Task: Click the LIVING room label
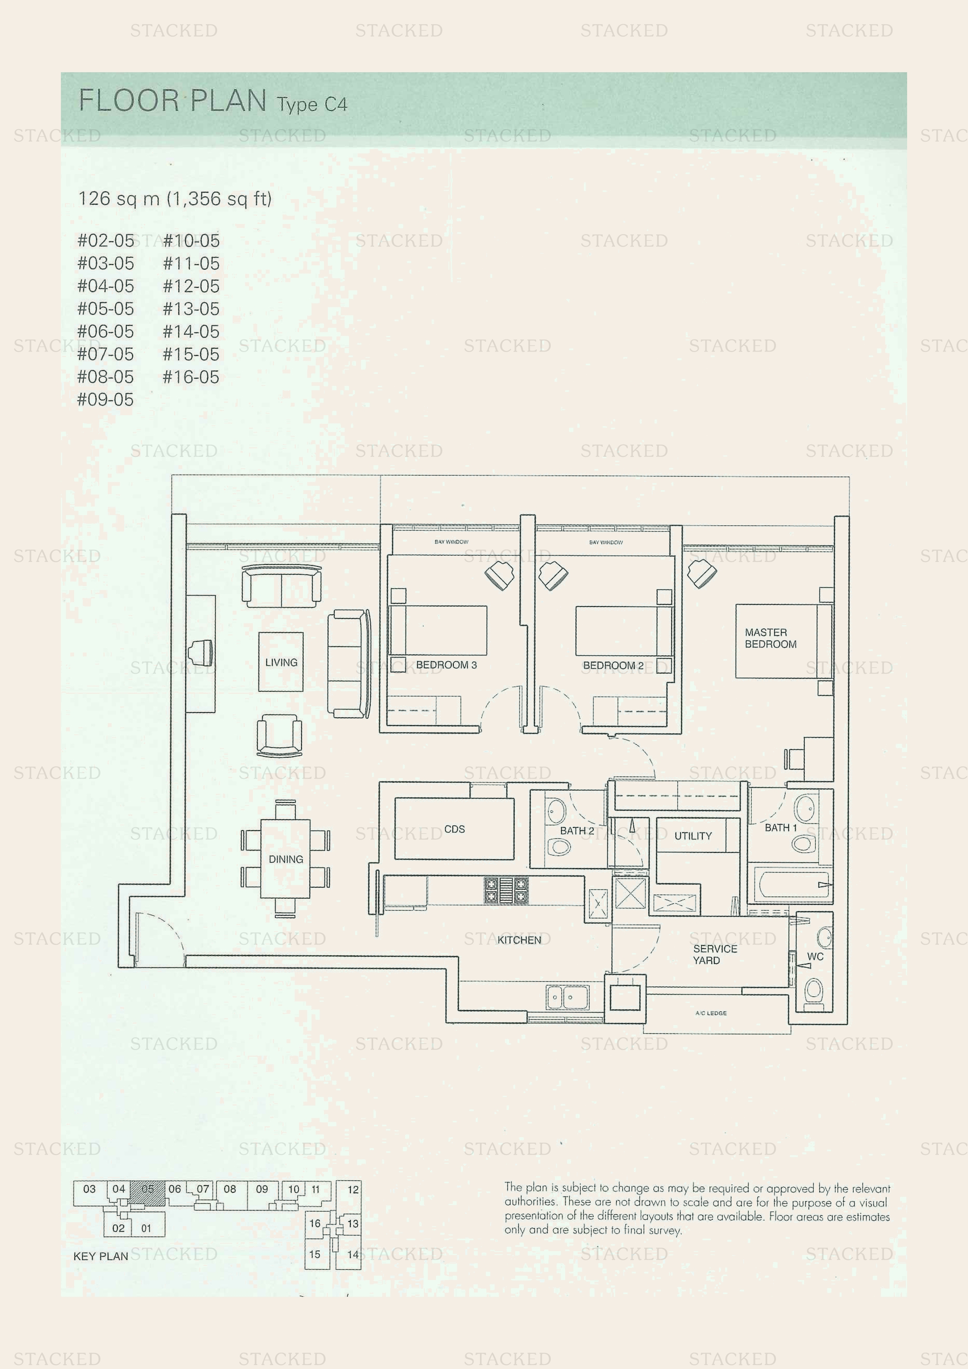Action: point(281,662)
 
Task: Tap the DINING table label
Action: point(286,859)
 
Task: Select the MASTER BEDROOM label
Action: point(770,638)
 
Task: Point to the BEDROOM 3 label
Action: point(446,665)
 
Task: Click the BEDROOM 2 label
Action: point(613,665)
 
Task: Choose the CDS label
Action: point(454,829)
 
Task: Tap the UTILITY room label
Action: point(693,836)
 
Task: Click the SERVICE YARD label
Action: point(715,954)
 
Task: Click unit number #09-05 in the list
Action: point(105,400)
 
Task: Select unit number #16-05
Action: point(191,377)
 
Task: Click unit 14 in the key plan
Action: point(352,1255)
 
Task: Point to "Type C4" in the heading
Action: point(312,104)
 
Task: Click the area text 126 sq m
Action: point(119,199)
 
